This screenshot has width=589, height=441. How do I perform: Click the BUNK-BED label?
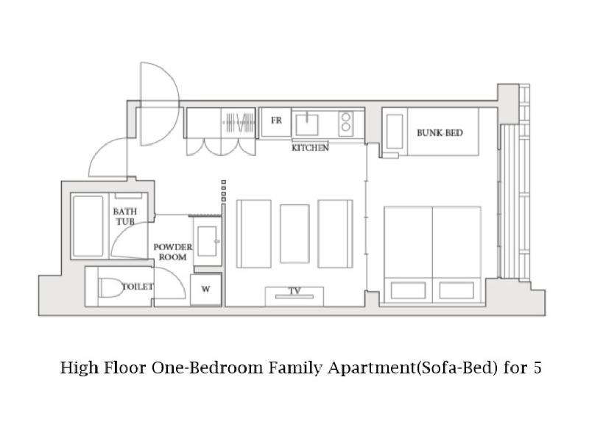click(440, 133)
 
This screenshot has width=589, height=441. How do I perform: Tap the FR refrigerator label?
click(276, 121)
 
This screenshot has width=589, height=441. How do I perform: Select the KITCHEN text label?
click(310, 148)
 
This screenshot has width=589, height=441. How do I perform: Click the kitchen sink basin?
click(307, 124)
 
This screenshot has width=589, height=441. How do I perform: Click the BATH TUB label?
click(125, 216)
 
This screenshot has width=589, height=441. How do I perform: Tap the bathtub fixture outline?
click(88, 226)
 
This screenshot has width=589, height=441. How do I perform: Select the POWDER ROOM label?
click(173, 252)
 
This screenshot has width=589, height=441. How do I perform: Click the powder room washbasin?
click(208, 241)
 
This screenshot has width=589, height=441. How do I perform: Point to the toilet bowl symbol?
click(111, 287)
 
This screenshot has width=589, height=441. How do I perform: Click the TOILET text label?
click(138, 287)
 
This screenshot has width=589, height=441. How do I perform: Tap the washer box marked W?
click(205, 290)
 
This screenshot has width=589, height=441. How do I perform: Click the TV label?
click(295, 290)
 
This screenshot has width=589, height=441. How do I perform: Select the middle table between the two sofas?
click(295, 234)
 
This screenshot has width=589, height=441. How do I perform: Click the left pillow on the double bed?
click(409, 290)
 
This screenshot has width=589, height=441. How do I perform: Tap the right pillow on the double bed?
click(456, 290)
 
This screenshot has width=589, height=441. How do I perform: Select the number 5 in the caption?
click(537, 368)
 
